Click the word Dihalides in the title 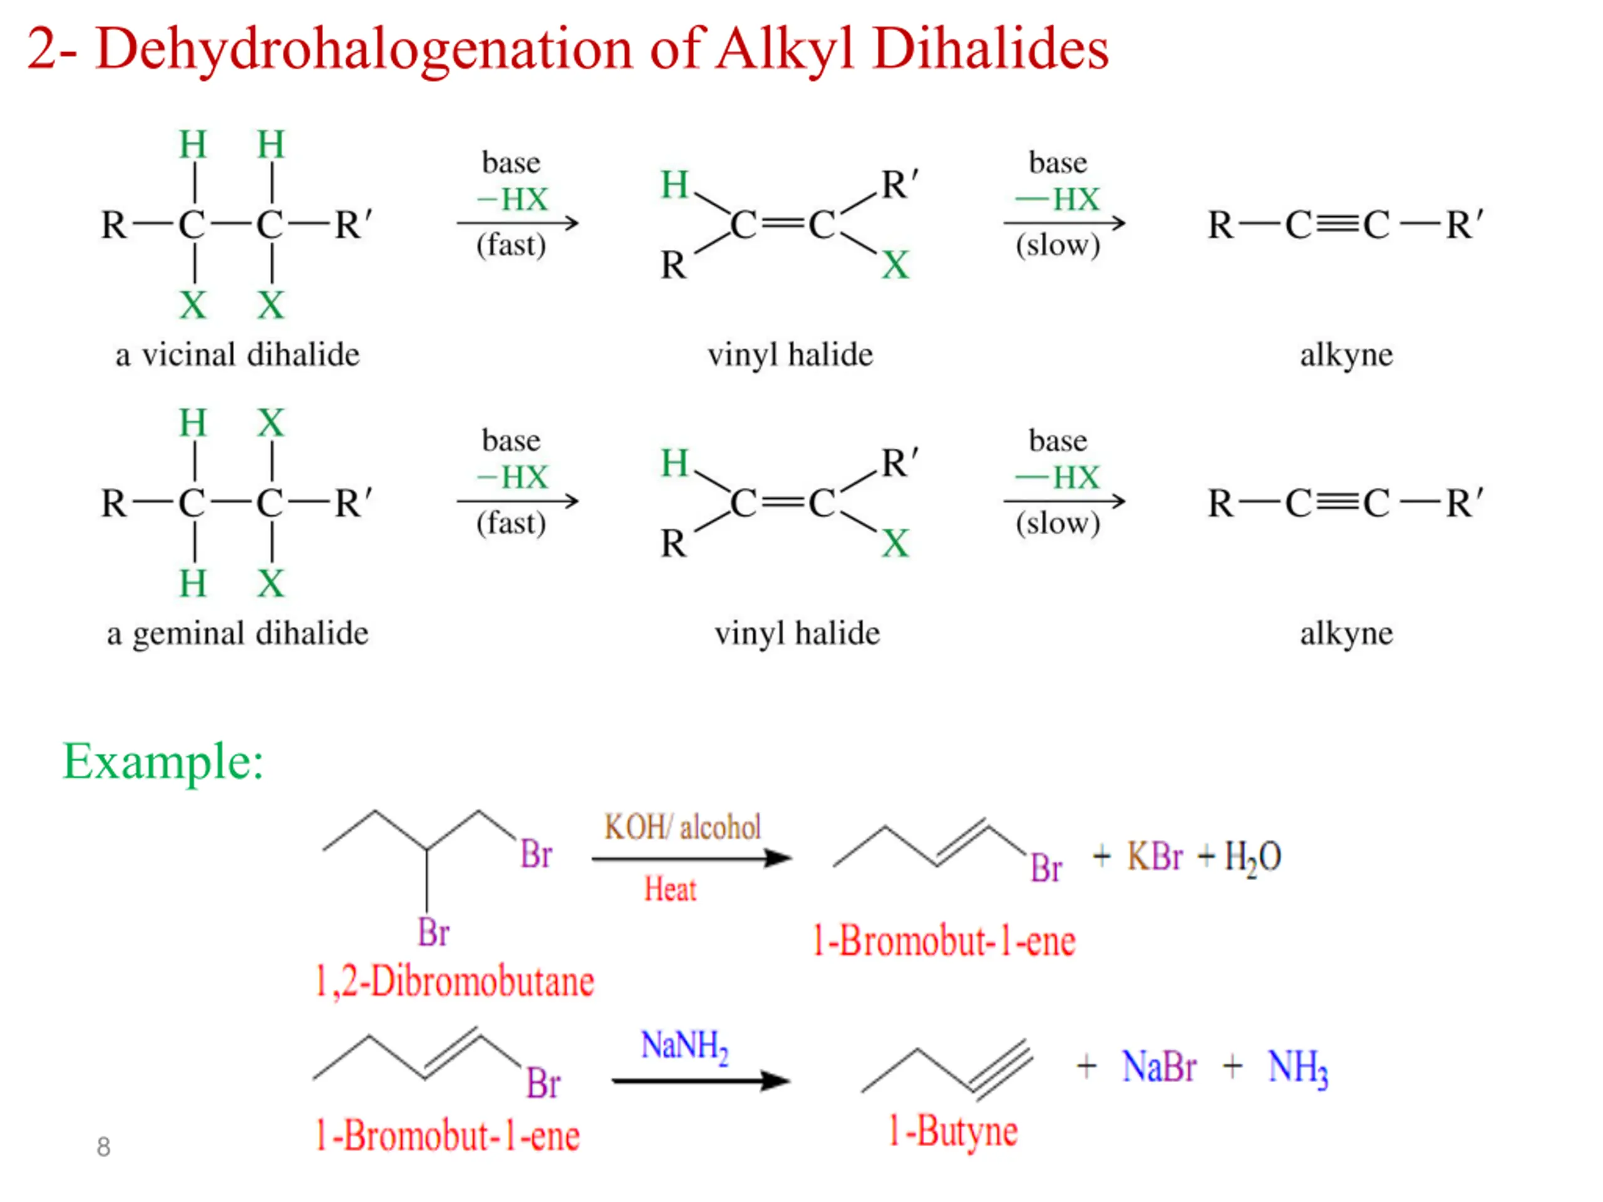click(x=991, y=49)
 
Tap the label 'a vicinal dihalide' click(x=238, y=355)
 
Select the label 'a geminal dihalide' click(x=238, y=634)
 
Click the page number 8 click(x=103, y=1147)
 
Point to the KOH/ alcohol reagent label click(x=683, y=827)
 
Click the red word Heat click(x=671, y=889)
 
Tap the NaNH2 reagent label click(x=684, y=1047)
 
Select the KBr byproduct click(x=1155, y=856)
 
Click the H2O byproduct click(x=1253, y=858)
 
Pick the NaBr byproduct click(x=1159, y=1067)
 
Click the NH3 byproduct click(x=1298, y=1069)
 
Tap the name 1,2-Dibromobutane click(x=455, y=982)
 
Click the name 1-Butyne click(x=954, y=1133)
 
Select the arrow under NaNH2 click(x=701, y=1082)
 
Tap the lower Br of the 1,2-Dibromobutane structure click(x=433, y=932)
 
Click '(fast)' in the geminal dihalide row click(x=512, y=524)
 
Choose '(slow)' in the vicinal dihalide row click(x=1058, y=245)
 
